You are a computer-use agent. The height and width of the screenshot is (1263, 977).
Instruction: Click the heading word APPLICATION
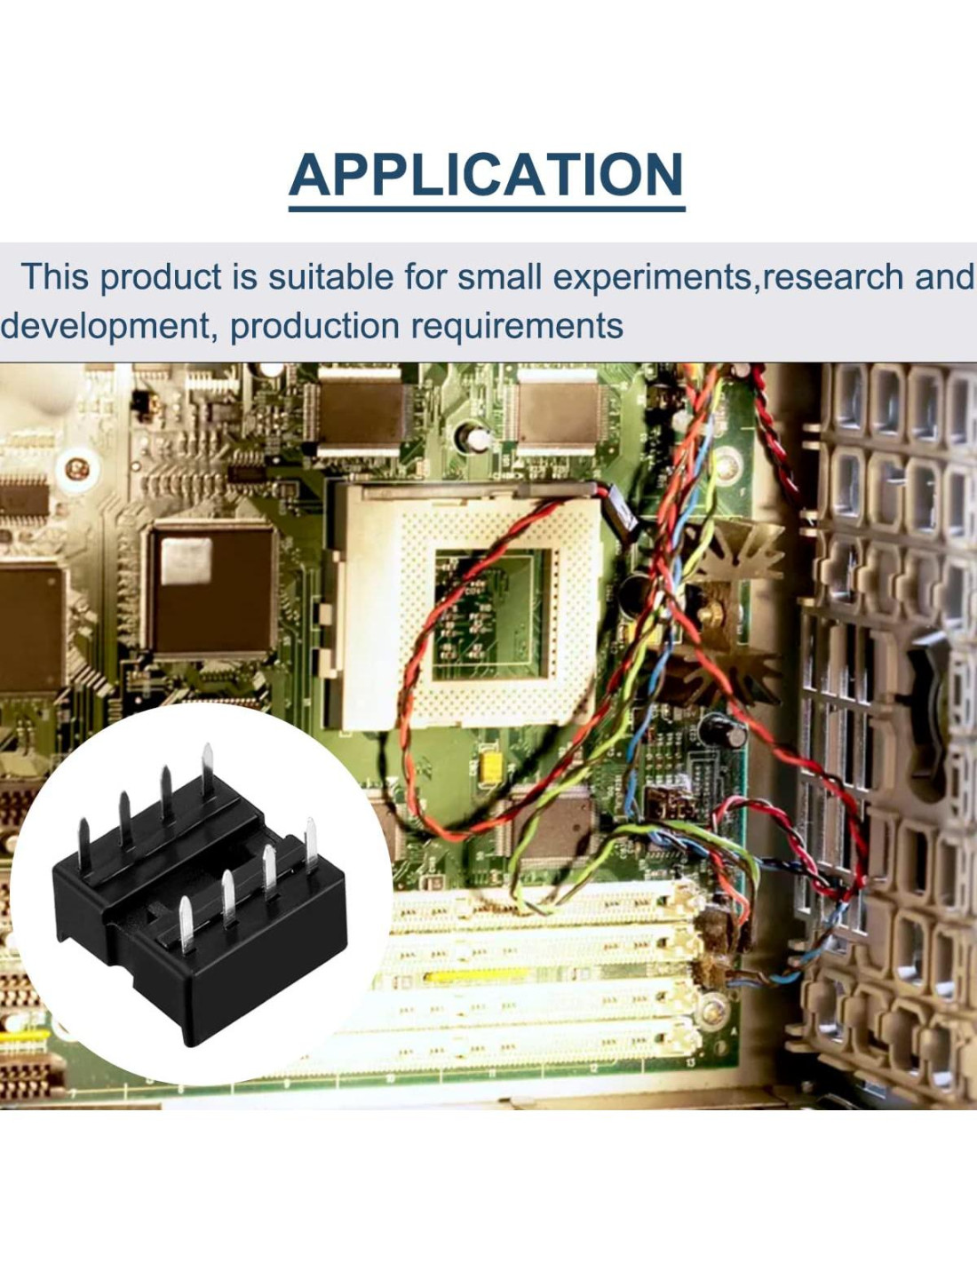tap(486, 175)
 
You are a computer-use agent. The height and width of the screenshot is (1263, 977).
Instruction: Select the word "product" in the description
tap(160, 277)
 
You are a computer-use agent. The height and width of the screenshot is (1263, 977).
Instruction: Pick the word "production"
tap(314, 326)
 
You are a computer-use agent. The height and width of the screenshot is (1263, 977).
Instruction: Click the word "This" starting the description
tap(54, 277)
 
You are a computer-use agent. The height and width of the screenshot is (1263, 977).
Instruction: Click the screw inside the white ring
tap(77, 466)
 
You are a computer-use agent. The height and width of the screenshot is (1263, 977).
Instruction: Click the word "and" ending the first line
tap(945, 277)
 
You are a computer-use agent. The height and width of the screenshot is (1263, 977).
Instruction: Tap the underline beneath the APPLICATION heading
tap(486, 209)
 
